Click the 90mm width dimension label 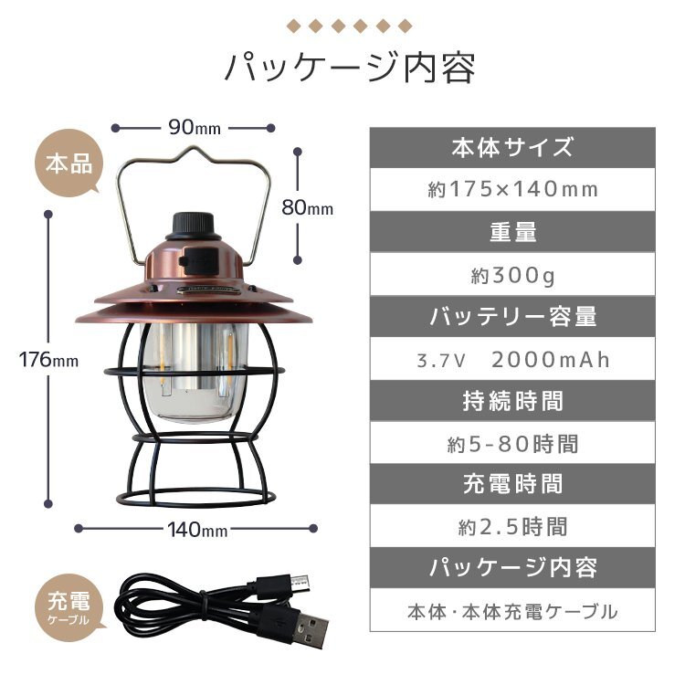pos(195,127)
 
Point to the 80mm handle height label pos(307,207)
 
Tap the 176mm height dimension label pos(48,360)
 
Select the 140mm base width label pos(197,530)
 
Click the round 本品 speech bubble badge pos(69,163)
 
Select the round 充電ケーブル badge pos(69,607)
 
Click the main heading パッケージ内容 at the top pos(350,68)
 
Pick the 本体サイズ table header pos(512,147)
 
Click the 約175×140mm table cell pos(512,190)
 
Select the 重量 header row pos(512,232)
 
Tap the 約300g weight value pos(512,275)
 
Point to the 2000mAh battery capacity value pos(551,360)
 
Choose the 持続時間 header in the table pos(512,401)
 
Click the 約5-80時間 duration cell pos(512,444)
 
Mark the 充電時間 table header pos(512,484)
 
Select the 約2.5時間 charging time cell pos(512,526)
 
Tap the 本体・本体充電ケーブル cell pos(512,612)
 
